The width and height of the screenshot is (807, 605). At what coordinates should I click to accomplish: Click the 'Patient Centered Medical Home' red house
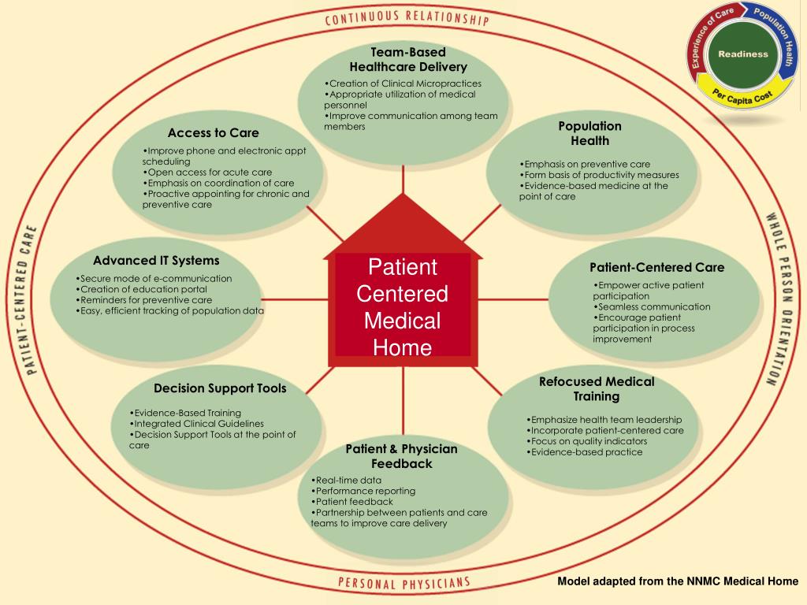click(403, 307)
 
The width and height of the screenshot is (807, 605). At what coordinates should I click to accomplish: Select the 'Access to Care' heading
click(213, 132)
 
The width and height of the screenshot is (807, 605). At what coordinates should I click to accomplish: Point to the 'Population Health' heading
click(589, 133)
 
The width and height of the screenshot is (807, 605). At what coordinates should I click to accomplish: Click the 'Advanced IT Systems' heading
click(156, 260)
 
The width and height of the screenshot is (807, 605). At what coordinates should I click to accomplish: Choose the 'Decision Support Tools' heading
click(220, 388)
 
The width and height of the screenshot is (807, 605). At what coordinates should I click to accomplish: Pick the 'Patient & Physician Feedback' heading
click(401, 456)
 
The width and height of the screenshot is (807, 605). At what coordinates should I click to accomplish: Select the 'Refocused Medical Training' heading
click(597, 388)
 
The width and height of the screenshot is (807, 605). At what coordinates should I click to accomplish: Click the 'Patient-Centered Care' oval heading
click(656, 267)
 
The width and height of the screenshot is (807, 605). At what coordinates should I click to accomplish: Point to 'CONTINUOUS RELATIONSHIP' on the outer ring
click(406, 19)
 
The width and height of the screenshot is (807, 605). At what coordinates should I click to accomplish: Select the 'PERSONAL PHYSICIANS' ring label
click(403, 584)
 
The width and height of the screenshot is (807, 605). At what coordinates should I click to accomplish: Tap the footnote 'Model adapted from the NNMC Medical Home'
click(678, 581)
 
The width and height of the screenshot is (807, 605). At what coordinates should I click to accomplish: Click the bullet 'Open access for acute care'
click(207, 172)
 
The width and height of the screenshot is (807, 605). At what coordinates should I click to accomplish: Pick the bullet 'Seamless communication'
click(653, 306)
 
